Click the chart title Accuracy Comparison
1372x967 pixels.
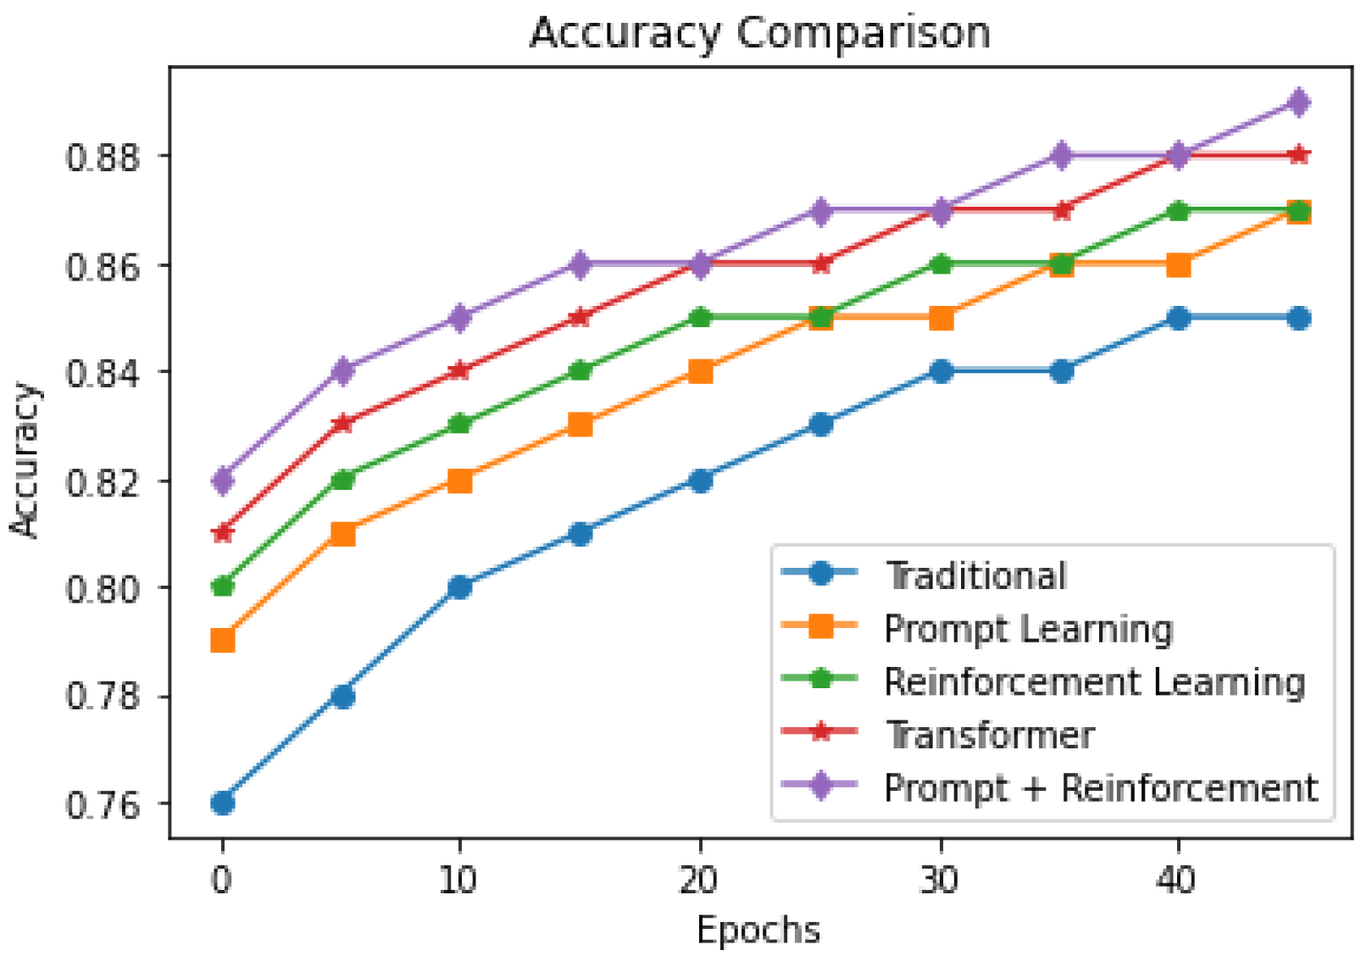760,34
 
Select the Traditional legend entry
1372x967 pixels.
975,575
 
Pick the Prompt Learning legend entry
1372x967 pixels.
1028,629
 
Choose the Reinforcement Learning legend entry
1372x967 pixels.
1094,682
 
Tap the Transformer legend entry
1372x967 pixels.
989,735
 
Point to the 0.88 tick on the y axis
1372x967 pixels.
103,158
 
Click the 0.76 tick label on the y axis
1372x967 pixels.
103,804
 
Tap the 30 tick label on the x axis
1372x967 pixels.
940,881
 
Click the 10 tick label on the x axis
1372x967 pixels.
458,881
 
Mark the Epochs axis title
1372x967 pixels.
758,931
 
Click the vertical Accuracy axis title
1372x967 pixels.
25,460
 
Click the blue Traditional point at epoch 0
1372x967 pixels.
223,803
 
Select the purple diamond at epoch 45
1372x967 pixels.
1298,103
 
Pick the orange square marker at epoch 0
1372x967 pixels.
223,640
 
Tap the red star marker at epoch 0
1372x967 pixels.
223,533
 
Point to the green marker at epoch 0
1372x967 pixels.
223,586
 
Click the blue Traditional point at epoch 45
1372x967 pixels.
1298,319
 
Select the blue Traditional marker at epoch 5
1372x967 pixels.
342,697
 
